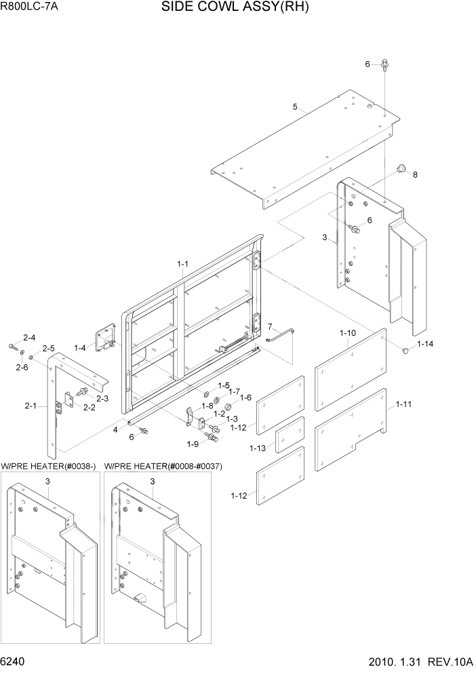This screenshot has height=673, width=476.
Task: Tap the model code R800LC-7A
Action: (x=28, y=9)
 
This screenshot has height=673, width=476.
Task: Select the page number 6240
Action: (x=15, y=661)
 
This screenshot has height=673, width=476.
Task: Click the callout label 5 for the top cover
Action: (x=295, y=107)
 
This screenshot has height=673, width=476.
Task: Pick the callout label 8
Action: (x=416, y=174)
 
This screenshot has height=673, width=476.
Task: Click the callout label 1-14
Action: (x=425, y=345)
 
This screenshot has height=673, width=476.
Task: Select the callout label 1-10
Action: (x=347, y=333)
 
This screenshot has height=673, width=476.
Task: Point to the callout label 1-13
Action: (x=257, y=448)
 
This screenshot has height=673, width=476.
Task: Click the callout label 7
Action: (x=269, y=326)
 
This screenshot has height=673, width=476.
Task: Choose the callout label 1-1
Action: (x=183, y=263)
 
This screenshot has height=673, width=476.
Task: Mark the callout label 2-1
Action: (x=31, y=406)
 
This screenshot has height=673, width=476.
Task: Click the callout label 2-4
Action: (x=30, y=337)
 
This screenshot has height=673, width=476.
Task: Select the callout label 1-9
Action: (x=193, y=444)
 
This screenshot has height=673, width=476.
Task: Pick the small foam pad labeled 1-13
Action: (x=290, y=435)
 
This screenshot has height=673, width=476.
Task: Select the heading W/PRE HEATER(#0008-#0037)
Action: (x=163, y=466)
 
